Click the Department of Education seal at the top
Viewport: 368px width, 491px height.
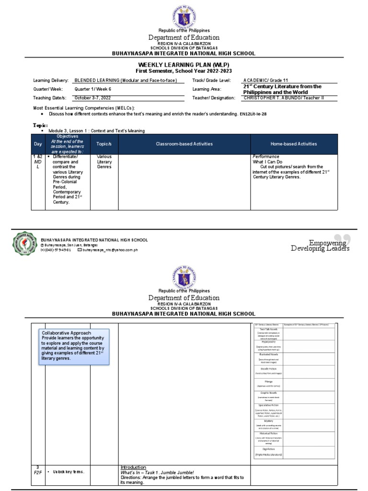pyautogui.click(x=184, y=14)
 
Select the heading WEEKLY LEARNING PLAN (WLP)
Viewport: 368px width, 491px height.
pyautogui.click(x=184, y=64)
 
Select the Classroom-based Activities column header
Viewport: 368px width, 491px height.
pyautogui.click(x=184, y=144)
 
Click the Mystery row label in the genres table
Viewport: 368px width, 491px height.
pyautogui.click(x=268, y=421)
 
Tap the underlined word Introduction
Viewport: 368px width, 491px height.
pyautogui.click(x=133, y=467)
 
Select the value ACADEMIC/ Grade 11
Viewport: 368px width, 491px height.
pyautogui.click(x=265, y=80)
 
